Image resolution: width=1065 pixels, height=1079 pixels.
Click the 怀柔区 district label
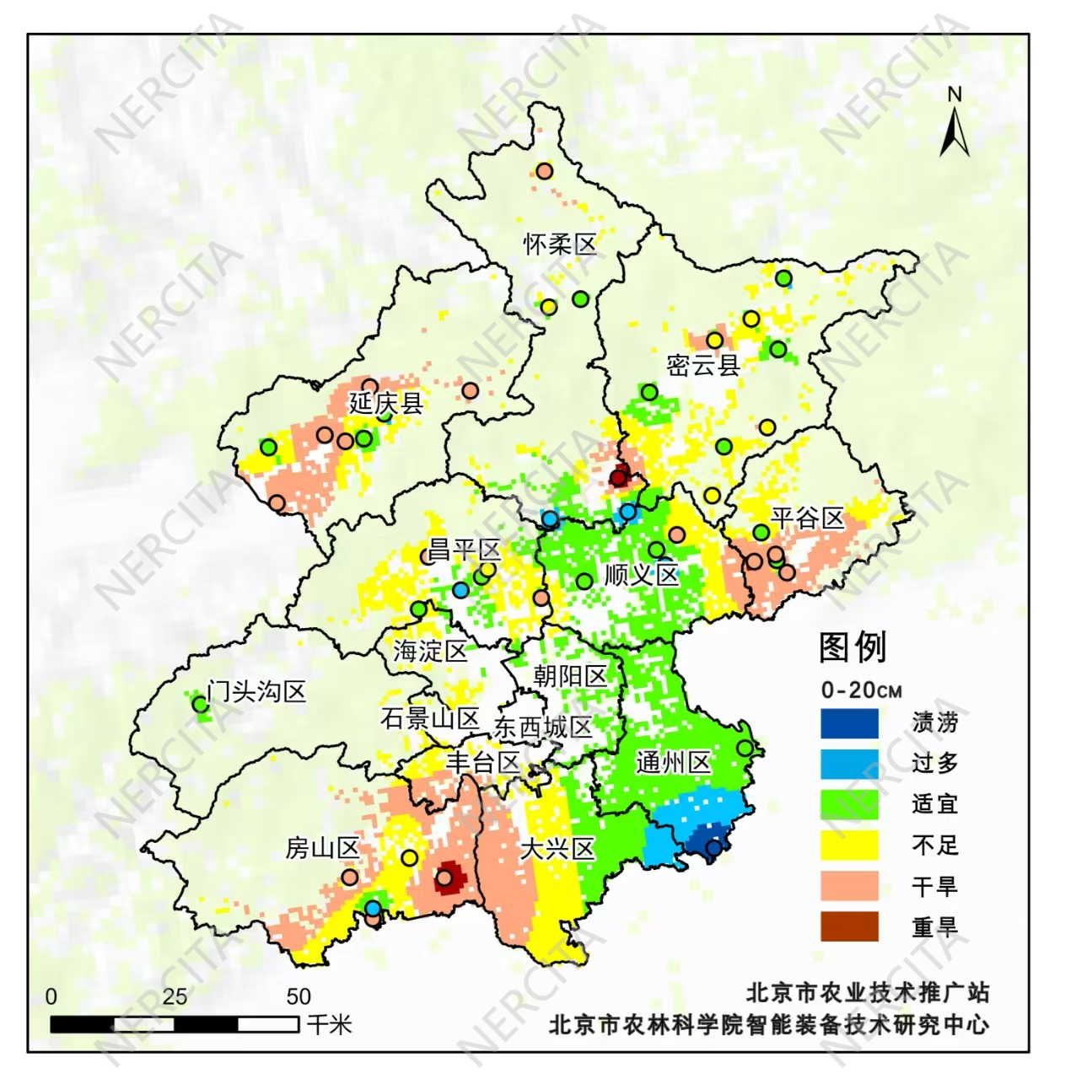tap(560, 244)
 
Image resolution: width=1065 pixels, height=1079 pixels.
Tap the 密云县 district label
tap(703, 365)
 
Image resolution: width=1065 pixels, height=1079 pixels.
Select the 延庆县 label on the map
tap(385, 403)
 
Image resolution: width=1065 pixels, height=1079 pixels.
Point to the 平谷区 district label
tap(807, 518)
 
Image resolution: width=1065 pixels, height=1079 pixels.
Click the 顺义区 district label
tap(642, 576)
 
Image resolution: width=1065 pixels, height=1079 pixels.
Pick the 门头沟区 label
tap(257, 692)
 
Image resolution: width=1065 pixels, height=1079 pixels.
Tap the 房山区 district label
tap(322, 848)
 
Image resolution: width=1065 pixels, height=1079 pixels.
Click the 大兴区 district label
tap(557, 849)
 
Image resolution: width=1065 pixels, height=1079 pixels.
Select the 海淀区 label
tap(430, 651)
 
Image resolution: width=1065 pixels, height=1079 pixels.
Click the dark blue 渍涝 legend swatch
tap(849, 723)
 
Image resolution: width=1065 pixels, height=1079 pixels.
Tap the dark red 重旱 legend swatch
tap(849, 927)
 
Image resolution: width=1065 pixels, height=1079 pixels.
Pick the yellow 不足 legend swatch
tap(849, 845)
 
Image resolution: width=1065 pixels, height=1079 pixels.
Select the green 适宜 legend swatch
tap(849, 804)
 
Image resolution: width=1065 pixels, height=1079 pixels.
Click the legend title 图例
tap(853, 647)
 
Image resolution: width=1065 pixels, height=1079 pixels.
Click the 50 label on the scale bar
tap(299, 997)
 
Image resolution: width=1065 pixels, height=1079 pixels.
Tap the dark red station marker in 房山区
tap(444, 878)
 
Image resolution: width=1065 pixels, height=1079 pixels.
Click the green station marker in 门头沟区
tap(200, 704)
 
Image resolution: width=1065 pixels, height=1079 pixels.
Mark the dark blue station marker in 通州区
tap(713, 848)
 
